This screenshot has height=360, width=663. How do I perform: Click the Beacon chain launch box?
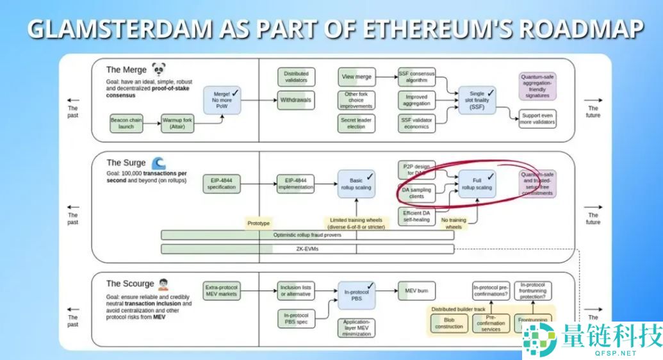tap(126, 123)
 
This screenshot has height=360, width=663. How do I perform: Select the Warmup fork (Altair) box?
tap(177, 123)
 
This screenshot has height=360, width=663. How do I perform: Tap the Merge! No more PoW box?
tap(222, 100)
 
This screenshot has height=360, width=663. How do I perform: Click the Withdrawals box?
tap(296, 100)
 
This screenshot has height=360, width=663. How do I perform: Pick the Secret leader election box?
tap(356, 123)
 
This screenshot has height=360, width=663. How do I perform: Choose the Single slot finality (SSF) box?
tap(477, 100)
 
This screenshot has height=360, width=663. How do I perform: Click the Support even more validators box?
tap(537, 119)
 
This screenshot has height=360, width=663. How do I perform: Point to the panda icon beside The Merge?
tap(158, 70)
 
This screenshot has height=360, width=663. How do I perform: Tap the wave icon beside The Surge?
tap(158, 163)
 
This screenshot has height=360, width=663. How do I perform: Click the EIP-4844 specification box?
tap(221, 183)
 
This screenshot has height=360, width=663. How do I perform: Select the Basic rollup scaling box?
tap(357, 183)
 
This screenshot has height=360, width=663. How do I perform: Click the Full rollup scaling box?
tap(477, 183)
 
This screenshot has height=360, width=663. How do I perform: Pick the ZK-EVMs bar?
tap(307, 249)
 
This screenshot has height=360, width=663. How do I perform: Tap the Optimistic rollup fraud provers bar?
tap(307, 235)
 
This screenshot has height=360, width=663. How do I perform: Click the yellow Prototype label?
tap(259, 223)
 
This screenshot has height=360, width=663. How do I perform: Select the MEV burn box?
tap(414, 291)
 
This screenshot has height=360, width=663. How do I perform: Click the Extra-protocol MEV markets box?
tap(221, 291)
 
